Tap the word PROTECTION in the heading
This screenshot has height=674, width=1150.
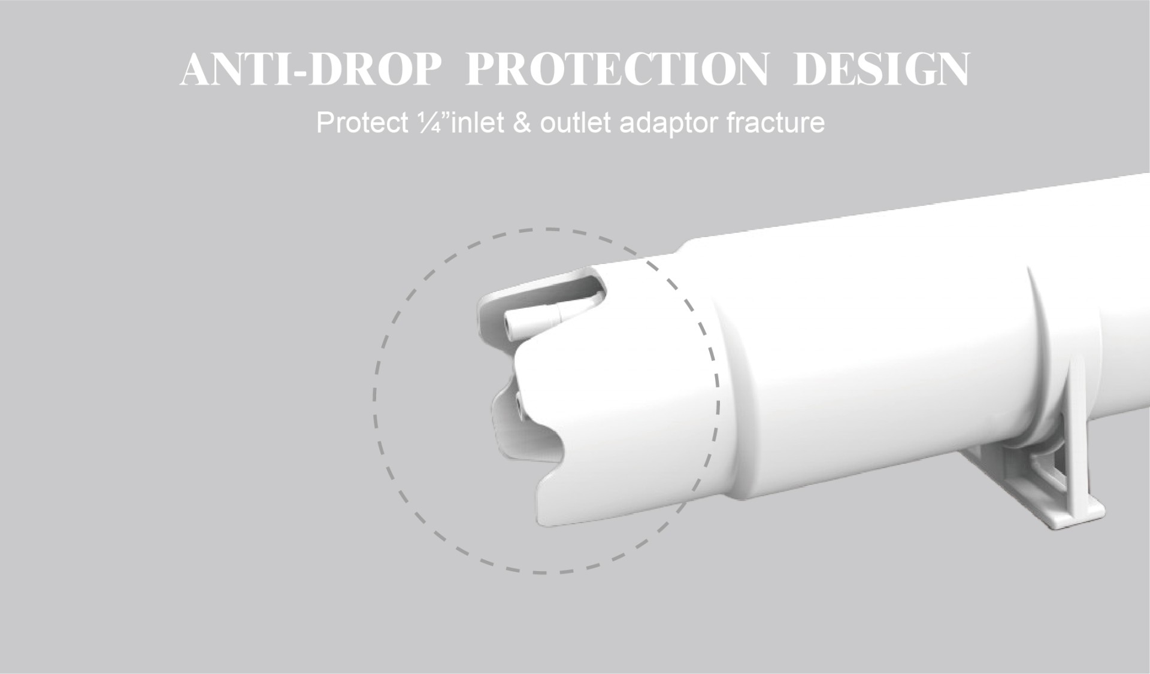[x=616, y=70]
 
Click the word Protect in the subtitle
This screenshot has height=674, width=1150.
[x=360, y=123]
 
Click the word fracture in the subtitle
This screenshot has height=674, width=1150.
[x=776, y=123]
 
